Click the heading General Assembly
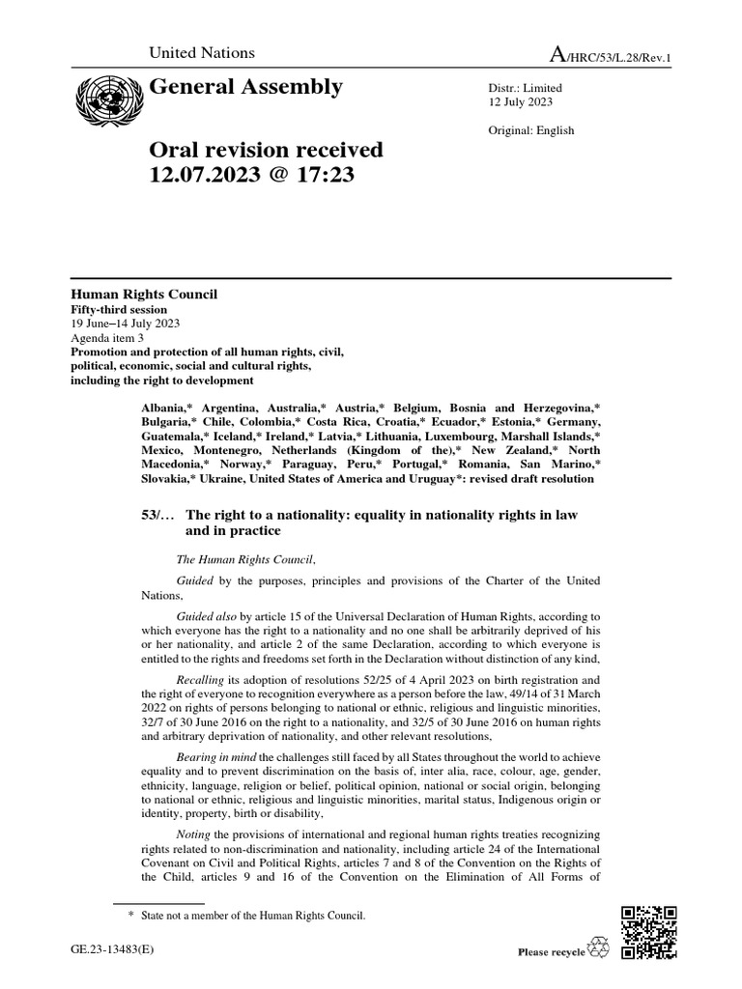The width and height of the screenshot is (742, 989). (245, 88)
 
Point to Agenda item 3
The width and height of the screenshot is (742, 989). (106, 338)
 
